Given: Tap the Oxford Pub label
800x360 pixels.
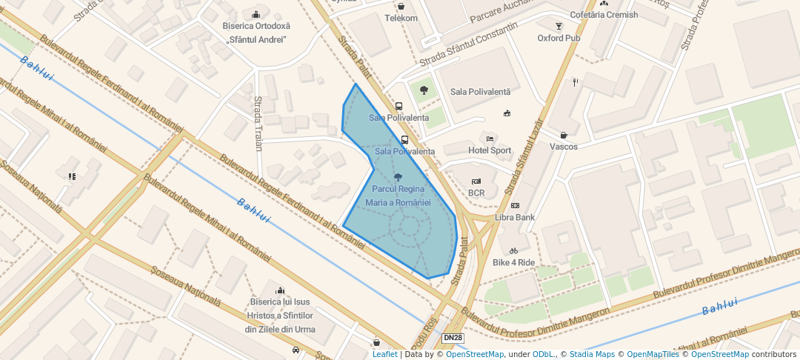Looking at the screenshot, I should (x=559, y=38).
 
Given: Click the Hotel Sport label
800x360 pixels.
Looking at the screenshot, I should (x=489, y=150).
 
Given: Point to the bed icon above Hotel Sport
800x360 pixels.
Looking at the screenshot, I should (x=489, y=139).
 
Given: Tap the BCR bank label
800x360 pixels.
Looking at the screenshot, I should (x=476, y=193).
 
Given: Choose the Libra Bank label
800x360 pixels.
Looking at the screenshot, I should (x=515, y=217).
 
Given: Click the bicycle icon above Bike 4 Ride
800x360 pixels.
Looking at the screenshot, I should (x=514, y=251).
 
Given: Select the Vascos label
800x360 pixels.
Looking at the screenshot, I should (x=564, y=147).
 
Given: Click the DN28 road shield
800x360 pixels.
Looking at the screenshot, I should (x=453, y=338).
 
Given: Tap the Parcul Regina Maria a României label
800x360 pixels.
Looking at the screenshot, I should (x=398, y=196).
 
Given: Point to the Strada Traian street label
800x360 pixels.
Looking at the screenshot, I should (x=258, y=123).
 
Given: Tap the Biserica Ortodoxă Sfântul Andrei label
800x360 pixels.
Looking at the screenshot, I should (x=256, y=33).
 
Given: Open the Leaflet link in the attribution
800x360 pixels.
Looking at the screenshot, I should (x=384, y=355).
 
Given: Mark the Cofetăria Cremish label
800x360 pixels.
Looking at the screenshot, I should (x=603, y=15).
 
